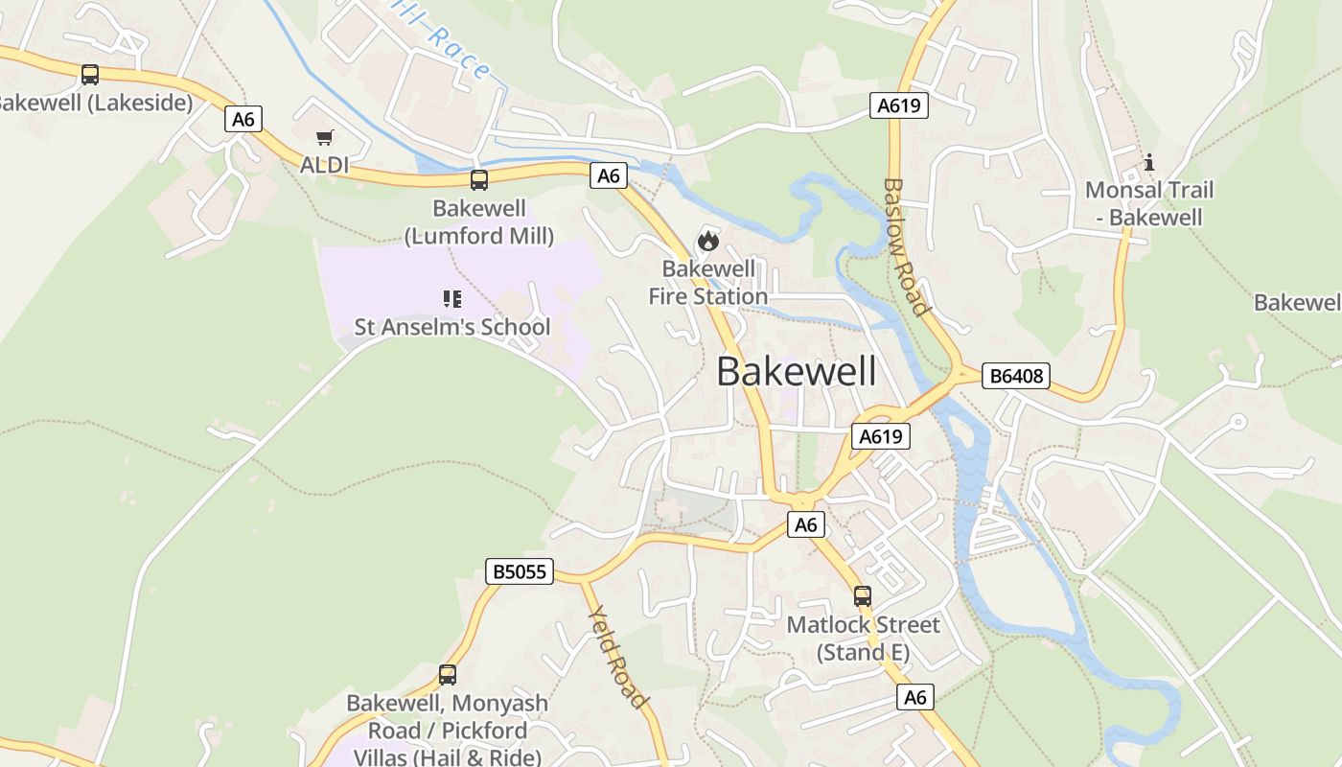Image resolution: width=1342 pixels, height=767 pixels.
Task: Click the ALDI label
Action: [x=324, y=165]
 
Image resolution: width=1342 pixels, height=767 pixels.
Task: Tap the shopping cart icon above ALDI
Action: [x=324, y=138]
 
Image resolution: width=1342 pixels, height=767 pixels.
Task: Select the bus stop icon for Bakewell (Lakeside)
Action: [x=89, y=74]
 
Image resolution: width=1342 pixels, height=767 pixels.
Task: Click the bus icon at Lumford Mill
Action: [x=478, y=179]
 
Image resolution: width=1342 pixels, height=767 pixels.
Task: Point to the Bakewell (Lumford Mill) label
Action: [x=479, y=221]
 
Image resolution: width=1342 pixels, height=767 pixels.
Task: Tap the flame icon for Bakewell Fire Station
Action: [x=708, y=241]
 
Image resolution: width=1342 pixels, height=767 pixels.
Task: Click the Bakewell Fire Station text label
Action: [x=708, y=282]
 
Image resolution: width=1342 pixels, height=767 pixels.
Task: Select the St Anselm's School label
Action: [x=452, y=327]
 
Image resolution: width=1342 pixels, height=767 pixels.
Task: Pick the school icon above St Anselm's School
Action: [x=452, y=299]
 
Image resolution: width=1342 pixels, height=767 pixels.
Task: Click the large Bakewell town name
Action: [x=796, y=372]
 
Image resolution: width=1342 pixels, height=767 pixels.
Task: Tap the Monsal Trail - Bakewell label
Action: [x=1148, y=203]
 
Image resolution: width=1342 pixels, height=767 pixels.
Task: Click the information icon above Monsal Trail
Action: [x=1148, y=163]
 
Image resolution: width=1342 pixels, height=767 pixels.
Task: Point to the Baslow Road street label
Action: [x=906, y=246]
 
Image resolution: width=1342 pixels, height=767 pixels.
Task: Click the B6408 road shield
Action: [x=1016, y=376]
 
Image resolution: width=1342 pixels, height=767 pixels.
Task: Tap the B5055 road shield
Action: [x=519, y=571]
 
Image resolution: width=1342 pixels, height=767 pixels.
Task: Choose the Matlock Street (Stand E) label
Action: [x=863, y=639]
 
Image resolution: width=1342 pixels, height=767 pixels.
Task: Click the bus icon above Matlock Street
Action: [x=862, y=596]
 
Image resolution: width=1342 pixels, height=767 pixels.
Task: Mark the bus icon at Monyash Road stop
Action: [x=448, y=674]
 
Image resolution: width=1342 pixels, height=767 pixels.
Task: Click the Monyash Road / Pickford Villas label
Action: [x=448, y=730]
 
